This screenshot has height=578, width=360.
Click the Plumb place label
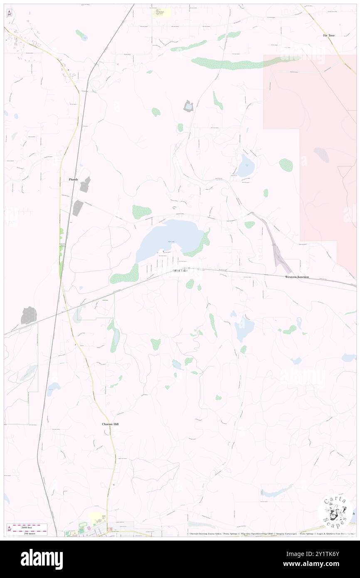point(73,179)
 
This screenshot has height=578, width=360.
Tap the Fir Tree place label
point(328,36)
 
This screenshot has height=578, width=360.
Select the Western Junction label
point(297,277)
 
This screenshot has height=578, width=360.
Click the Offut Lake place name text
point(180,271)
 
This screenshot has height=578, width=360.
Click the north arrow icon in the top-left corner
point(9,13)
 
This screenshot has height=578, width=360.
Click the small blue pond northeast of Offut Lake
point(245,166)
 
